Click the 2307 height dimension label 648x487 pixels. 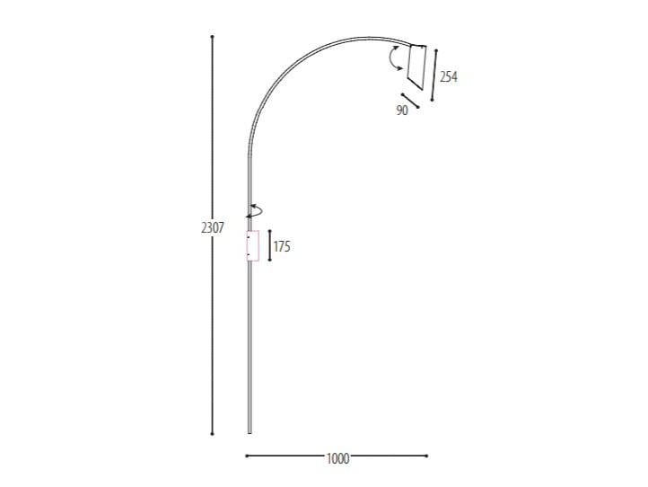212,228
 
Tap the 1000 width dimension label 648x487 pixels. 337,458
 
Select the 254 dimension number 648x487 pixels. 449,77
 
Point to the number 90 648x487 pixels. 401,111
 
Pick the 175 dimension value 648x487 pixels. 282,246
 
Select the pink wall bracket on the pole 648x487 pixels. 252,245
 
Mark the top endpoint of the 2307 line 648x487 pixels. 212,37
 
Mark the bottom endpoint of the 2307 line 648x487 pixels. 212,433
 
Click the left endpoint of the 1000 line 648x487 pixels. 246,456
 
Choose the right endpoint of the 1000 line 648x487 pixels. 427,456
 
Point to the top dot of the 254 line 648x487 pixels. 437,49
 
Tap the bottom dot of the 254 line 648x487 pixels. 432,100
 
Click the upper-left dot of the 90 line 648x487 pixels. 405,94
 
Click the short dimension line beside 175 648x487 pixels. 269,245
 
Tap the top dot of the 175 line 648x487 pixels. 269,232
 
